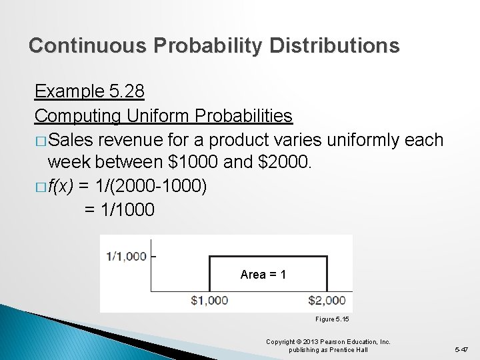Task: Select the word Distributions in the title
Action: (335, 45)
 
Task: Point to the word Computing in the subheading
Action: (77, 116)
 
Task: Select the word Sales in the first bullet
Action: (71, 140)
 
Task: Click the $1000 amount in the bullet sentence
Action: (173, 163)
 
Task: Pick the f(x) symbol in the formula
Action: (61, 187)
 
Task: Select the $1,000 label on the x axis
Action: (209, 301)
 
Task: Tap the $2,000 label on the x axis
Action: (327, 301)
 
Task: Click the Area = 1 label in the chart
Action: (263, 274)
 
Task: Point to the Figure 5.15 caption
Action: (332, 319)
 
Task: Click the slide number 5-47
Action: (462, 349)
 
